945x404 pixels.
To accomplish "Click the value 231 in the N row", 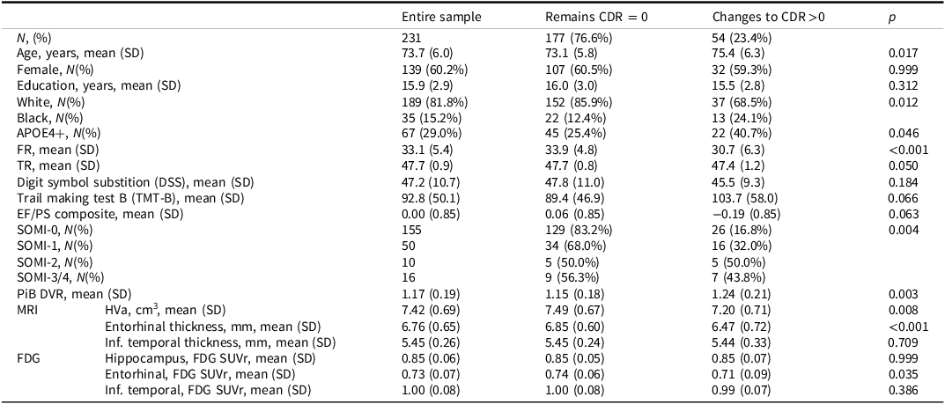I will [x=411, y=38].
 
